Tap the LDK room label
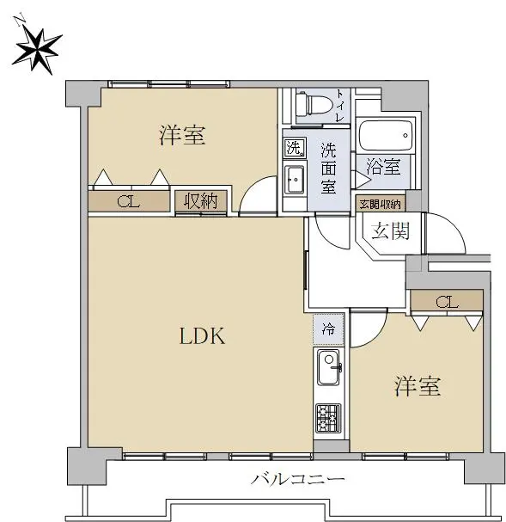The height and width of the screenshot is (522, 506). coord(202,335)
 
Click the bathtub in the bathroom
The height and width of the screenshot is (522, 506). coord(386,136)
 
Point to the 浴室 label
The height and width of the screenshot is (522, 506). coord(383,166)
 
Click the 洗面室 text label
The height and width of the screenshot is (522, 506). coord(328,168)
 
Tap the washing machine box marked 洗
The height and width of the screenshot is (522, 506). coord(295,147)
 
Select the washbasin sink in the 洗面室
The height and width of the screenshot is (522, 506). coord(295,180)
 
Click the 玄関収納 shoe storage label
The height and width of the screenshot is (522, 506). coord(380,204)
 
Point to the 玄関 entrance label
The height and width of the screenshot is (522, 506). coord(390,230)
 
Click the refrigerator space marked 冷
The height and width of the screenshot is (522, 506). coord(328,329)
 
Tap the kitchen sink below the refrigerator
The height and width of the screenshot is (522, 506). coord(329,367)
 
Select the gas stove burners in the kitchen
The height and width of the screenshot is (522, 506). coord(328,418)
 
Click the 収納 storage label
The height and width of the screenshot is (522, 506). coord(201,201)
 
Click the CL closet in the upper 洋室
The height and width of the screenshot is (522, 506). coord(129,201)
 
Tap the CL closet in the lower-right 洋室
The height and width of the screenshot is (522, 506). coord(447,302)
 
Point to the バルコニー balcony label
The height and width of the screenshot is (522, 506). coord(298,480)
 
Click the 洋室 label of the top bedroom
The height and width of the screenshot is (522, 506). coord(182,135)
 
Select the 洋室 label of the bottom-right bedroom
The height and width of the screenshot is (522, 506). coord(418,386)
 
